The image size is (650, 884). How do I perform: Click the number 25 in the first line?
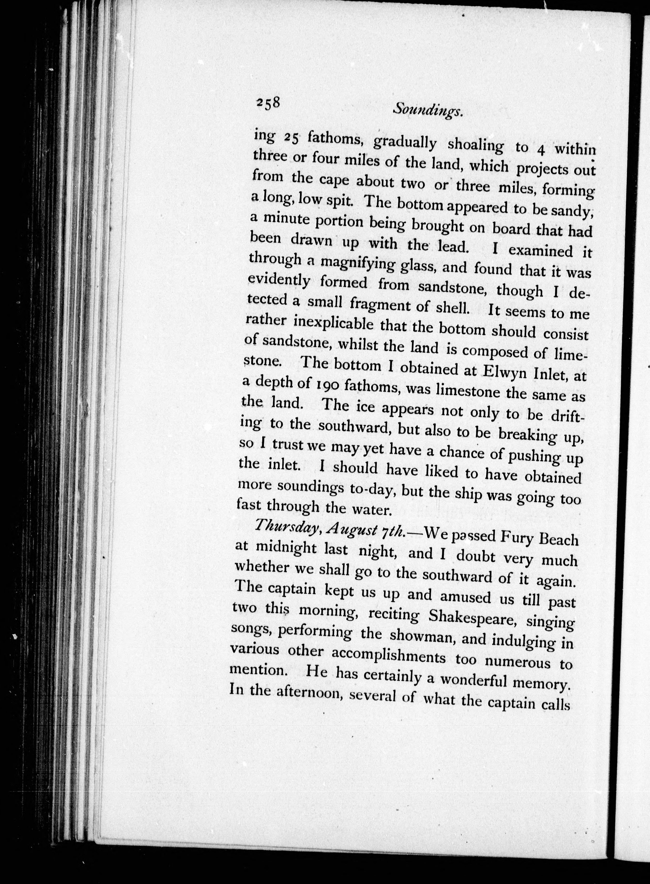pyautogui.click(x=292, y=137)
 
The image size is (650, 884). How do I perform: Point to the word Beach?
pyautogui.click(x=558, y=539)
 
